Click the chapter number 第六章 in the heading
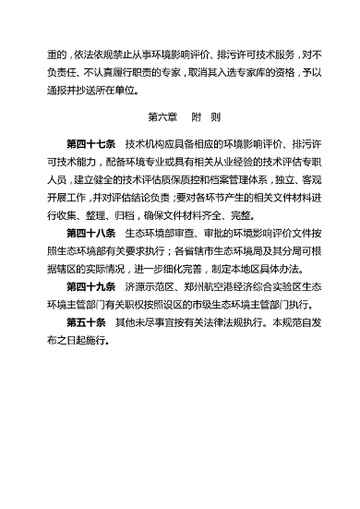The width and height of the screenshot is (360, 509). point(162,120)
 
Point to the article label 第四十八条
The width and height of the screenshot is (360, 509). point(90,233)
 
